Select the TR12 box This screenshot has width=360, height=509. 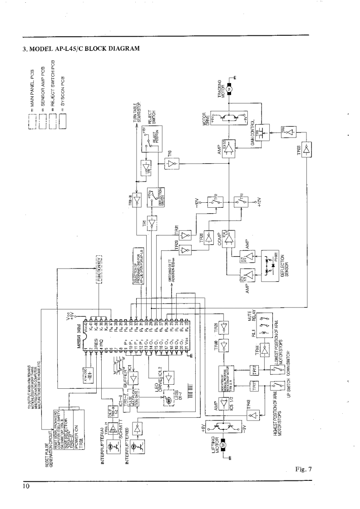coord(255,370)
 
